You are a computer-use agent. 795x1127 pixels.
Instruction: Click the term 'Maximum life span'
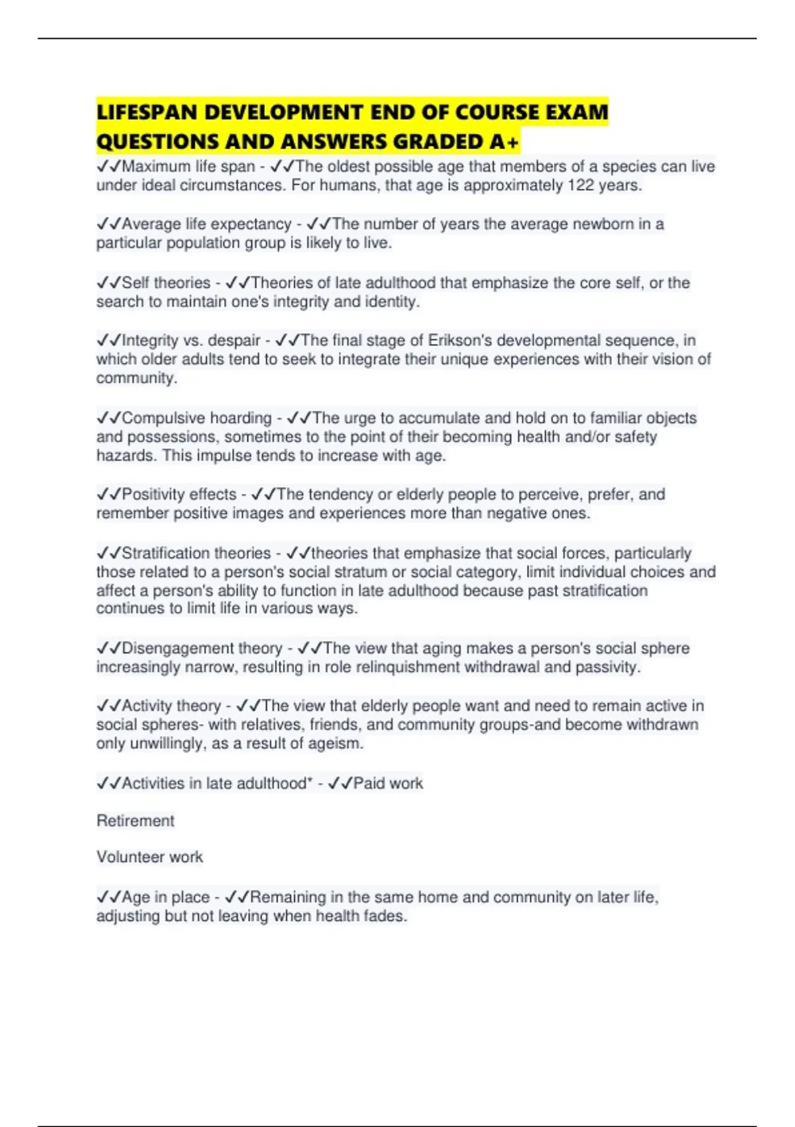click(x=188, y=166)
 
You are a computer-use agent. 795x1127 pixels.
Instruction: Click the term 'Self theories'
click(x=166, y=283)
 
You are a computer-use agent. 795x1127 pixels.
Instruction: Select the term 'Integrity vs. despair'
click(x=191, y=341)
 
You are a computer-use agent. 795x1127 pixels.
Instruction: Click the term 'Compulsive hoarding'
click(x=197, y=418)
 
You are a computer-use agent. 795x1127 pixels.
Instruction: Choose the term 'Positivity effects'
click(x=179, y=495)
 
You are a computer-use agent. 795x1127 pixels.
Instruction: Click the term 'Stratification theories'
click(x=196, y=554)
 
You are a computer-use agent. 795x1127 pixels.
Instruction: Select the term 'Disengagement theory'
click(x=202, y=648)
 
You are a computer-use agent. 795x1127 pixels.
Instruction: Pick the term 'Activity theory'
click(x=171, y=706)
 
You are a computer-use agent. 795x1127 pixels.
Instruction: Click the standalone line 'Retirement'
click(x=135, y=821)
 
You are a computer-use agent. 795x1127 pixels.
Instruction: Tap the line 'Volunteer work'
click(x=150, y=857)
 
